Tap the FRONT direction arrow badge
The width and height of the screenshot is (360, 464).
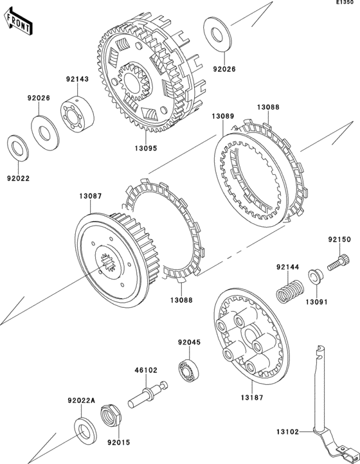click(19, 22)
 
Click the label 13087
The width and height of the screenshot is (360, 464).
click(91, 195)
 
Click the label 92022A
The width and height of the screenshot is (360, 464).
click(81, 400)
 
